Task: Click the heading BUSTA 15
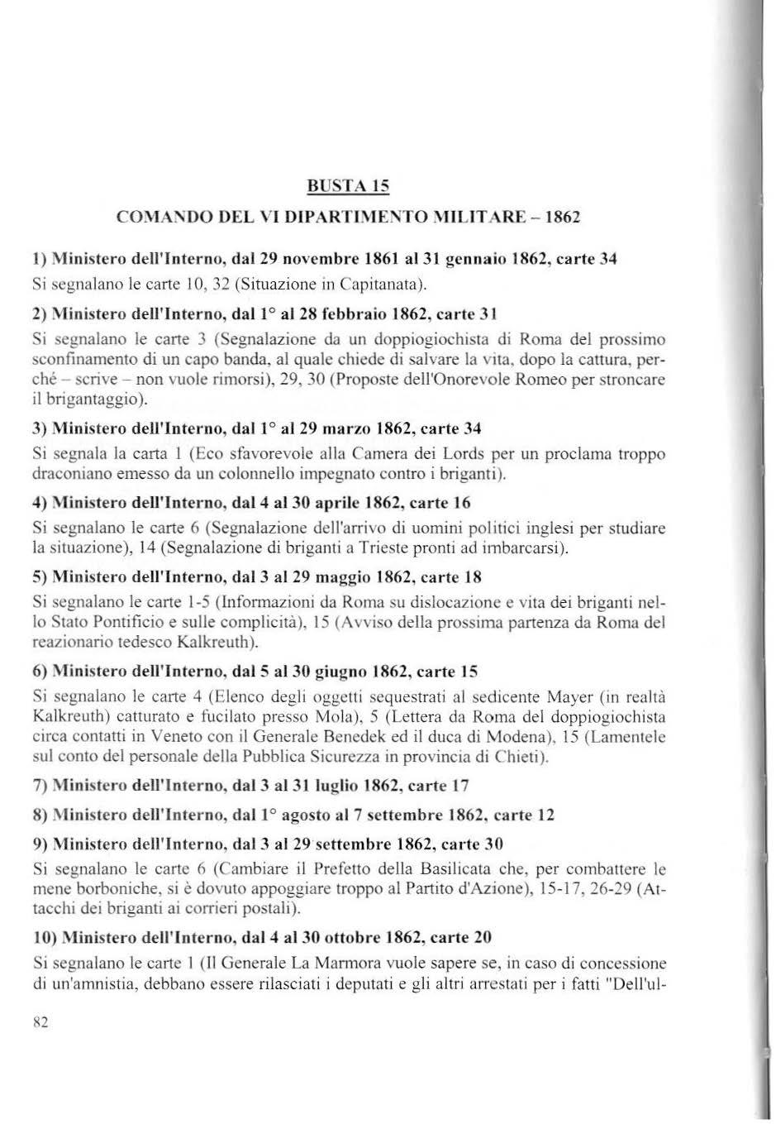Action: pyautogui.click(x=347, y=185)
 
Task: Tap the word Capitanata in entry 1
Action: pyautogui.click(x=386, y=286)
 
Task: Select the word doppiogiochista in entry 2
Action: pyautogui.click(x=400, y=340)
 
